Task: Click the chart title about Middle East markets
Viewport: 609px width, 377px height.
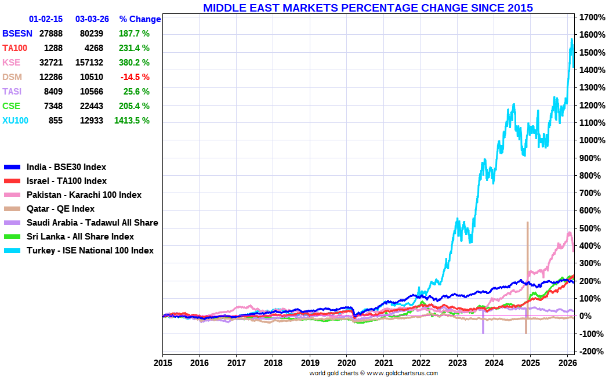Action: click(x=368, y=8)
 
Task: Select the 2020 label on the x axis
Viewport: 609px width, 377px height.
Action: click(x=346, y=362)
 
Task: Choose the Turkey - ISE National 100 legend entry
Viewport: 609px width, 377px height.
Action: click(x=90, y=251)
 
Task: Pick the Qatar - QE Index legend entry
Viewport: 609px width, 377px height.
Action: click(x=60, y=209)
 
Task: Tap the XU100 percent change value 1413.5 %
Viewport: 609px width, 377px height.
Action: click(x=132, y=121)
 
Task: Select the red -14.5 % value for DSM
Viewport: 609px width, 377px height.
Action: click(x=135, y=77)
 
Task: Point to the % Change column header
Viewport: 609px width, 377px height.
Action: click(x=140, y=19)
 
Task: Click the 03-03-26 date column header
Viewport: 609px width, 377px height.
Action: click(x=92, y=19)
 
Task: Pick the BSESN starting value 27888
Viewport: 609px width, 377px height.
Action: click(x=51, y=34)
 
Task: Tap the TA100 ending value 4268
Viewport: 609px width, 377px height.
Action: click(x=92, y=48)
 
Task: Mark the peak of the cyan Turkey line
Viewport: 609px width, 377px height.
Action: click(x=572, y=39)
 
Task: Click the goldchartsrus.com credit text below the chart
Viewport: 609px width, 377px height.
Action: click(x=374, y=373)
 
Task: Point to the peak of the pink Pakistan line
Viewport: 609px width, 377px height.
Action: click(x=570, y=233)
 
